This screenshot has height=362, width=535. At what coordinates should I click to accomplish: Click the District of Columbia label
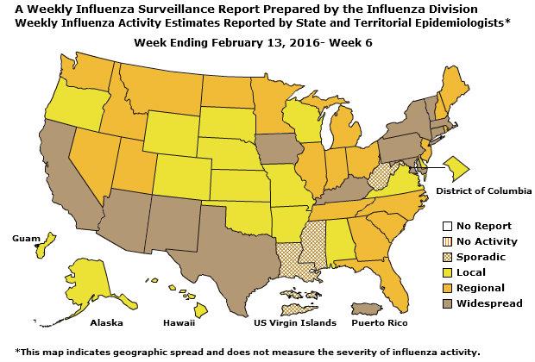point(483,190)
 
